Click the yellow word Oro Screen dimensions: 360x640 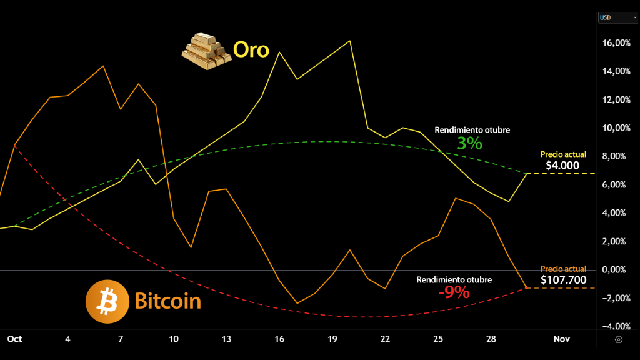[x=251, y=49]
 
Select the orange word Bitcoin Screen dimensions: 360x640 [x=167, y=301]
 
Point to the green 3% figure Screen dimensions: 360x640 [x=469, y=143]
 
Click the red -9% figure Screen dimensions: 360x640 [x=454, y=292]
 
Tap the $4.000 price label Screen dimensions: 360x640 [x=562, y=166]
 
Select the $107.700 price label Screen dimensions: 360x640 [x=563, y=279]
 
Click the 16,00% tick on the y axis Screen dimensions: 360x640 [x=616, y=43]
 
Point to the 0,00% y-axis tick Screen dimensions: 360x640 [x=617, y=269]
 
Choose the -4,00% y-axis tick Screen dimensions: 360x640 [x=616, y=326]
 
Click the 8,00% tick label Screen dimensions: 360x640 [x=617, y=156]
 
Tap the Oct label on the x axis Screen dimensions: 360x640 [x=14, y=339]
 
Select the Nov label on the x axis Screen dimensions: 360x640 [x=561, y=339]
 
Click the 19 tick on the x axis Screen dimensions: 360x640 [x=332, y=339]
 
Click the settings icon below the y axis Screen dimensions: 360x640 [x=619, y=339]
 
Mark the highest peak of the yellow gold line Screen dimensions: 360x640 [x=349, y=41]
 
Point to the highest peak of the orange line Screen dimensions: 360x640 [x=103, y=66]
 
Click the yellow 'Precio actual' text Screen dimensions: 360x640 [x=563, y=154]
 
